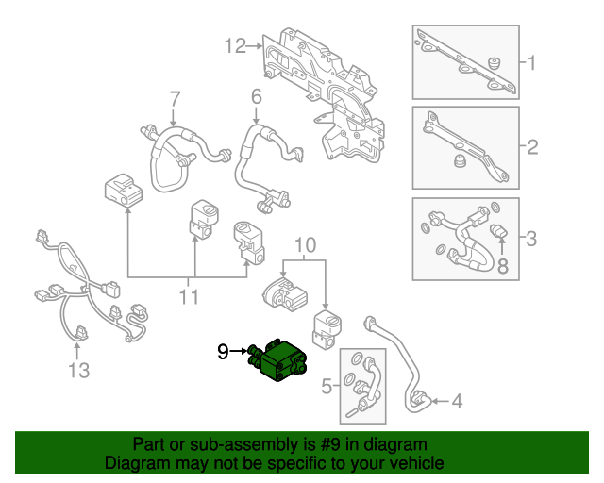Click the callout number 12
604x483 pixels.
(235, 44)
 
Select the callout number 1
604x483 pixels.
(531, 64)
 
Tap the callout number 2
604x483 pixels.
(531, 147)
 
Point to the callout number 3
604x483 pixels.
(531, 239)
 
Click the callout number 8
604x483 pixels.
(502, 268)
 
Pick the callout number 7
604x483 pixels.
(174, 98)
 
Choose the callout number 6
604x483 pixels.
(256, 97)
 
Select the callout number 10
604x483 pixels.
(304, 248)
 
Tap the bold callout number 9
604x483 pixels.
(223, 352)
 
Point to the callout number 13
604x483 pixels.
(78, 371)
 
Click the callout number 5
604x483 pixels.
(327, 385)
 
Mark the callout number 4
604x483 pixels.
(457, 403)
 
